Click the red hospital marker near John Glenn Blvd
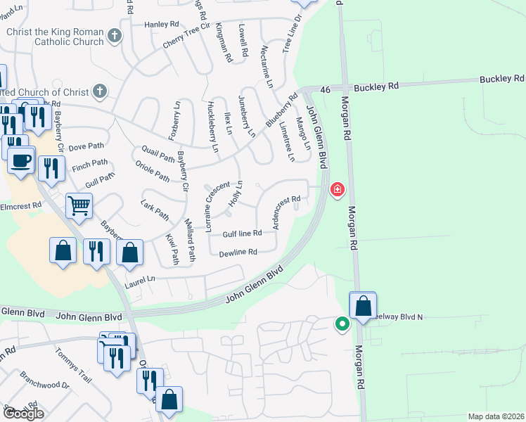point(338,190)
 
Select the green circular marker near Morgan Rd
point(342,324)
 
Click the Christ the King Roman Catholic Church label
point(55,37)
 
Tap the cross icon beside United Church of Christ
point(100,91)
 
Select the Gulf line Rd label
point(243,233)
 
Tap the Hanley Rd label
point(162,24)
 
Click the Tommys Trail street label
point(73,366)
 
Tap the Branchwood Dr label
point(44,381)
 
